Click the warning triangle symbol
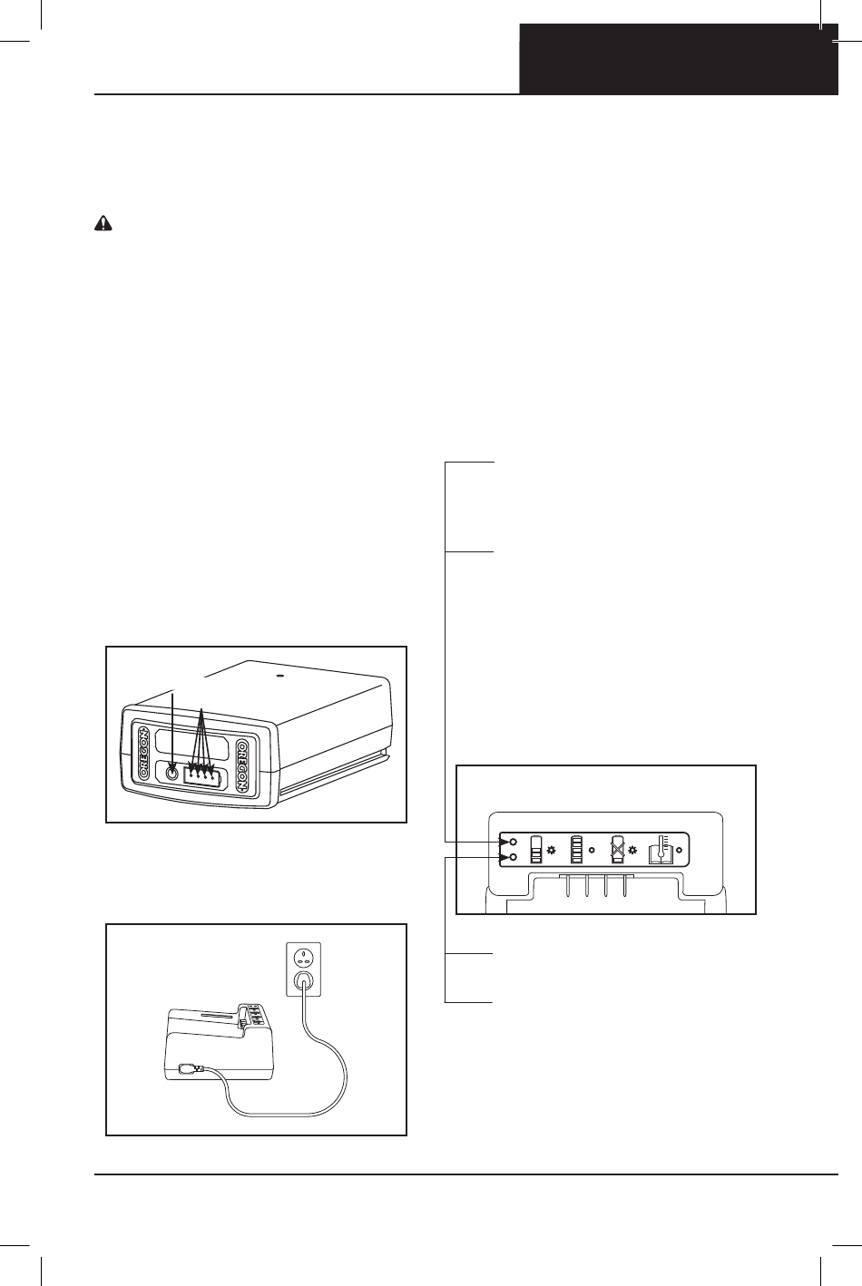(103, 223)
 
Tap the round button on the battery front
(171, 773)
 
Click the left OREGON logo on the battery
(143, 754)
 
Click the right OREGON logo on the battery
(243, 765)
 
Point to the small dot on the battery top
(279, 675)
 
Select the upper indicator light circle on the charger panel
(514, 842)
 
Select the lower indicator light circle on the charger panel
(514, 856)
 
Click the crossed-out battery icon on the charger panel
(618, 849)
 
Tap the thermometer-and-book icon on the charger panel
(661, 849)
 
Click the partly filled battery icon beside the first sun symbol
(536, 849)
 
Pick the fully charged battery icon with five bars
(576, 849)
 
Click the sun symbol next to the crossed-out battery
(632, 850)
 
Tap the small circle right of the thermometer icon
(680, 851)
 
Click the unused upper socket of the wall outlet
(303, 957)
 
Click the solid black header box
(679, 59)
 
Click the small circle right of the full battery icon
(592, 851)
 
